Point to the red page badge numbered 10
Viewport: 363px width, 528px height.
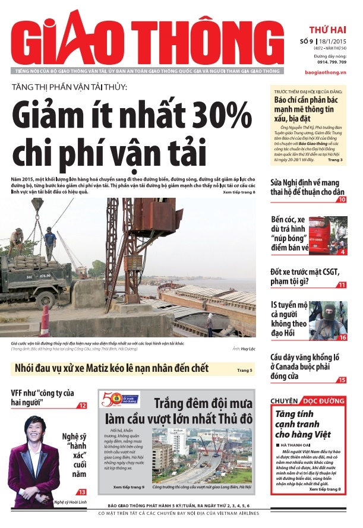point(342,200)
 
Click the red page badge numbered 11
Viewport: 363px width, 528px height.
point(342,284)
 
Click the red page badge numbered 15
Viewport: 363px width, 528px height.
point(342,380)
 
